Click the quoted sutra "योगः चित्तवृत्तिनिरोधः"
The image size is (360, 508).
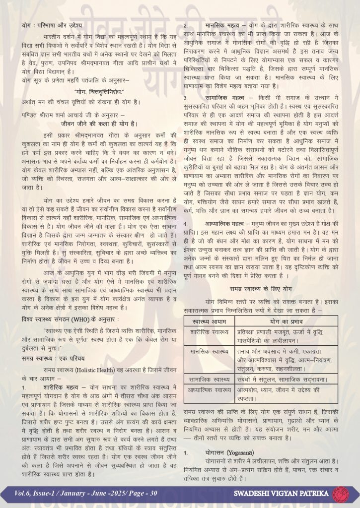pyautogui.click(x=99, y=91)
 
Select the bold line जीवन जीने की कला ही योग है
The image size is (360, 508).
pyautogui.click(x=99, y=123)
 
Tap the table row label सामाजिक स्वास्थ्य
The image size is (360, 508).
pyautogui.click(x=206, y=379)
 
